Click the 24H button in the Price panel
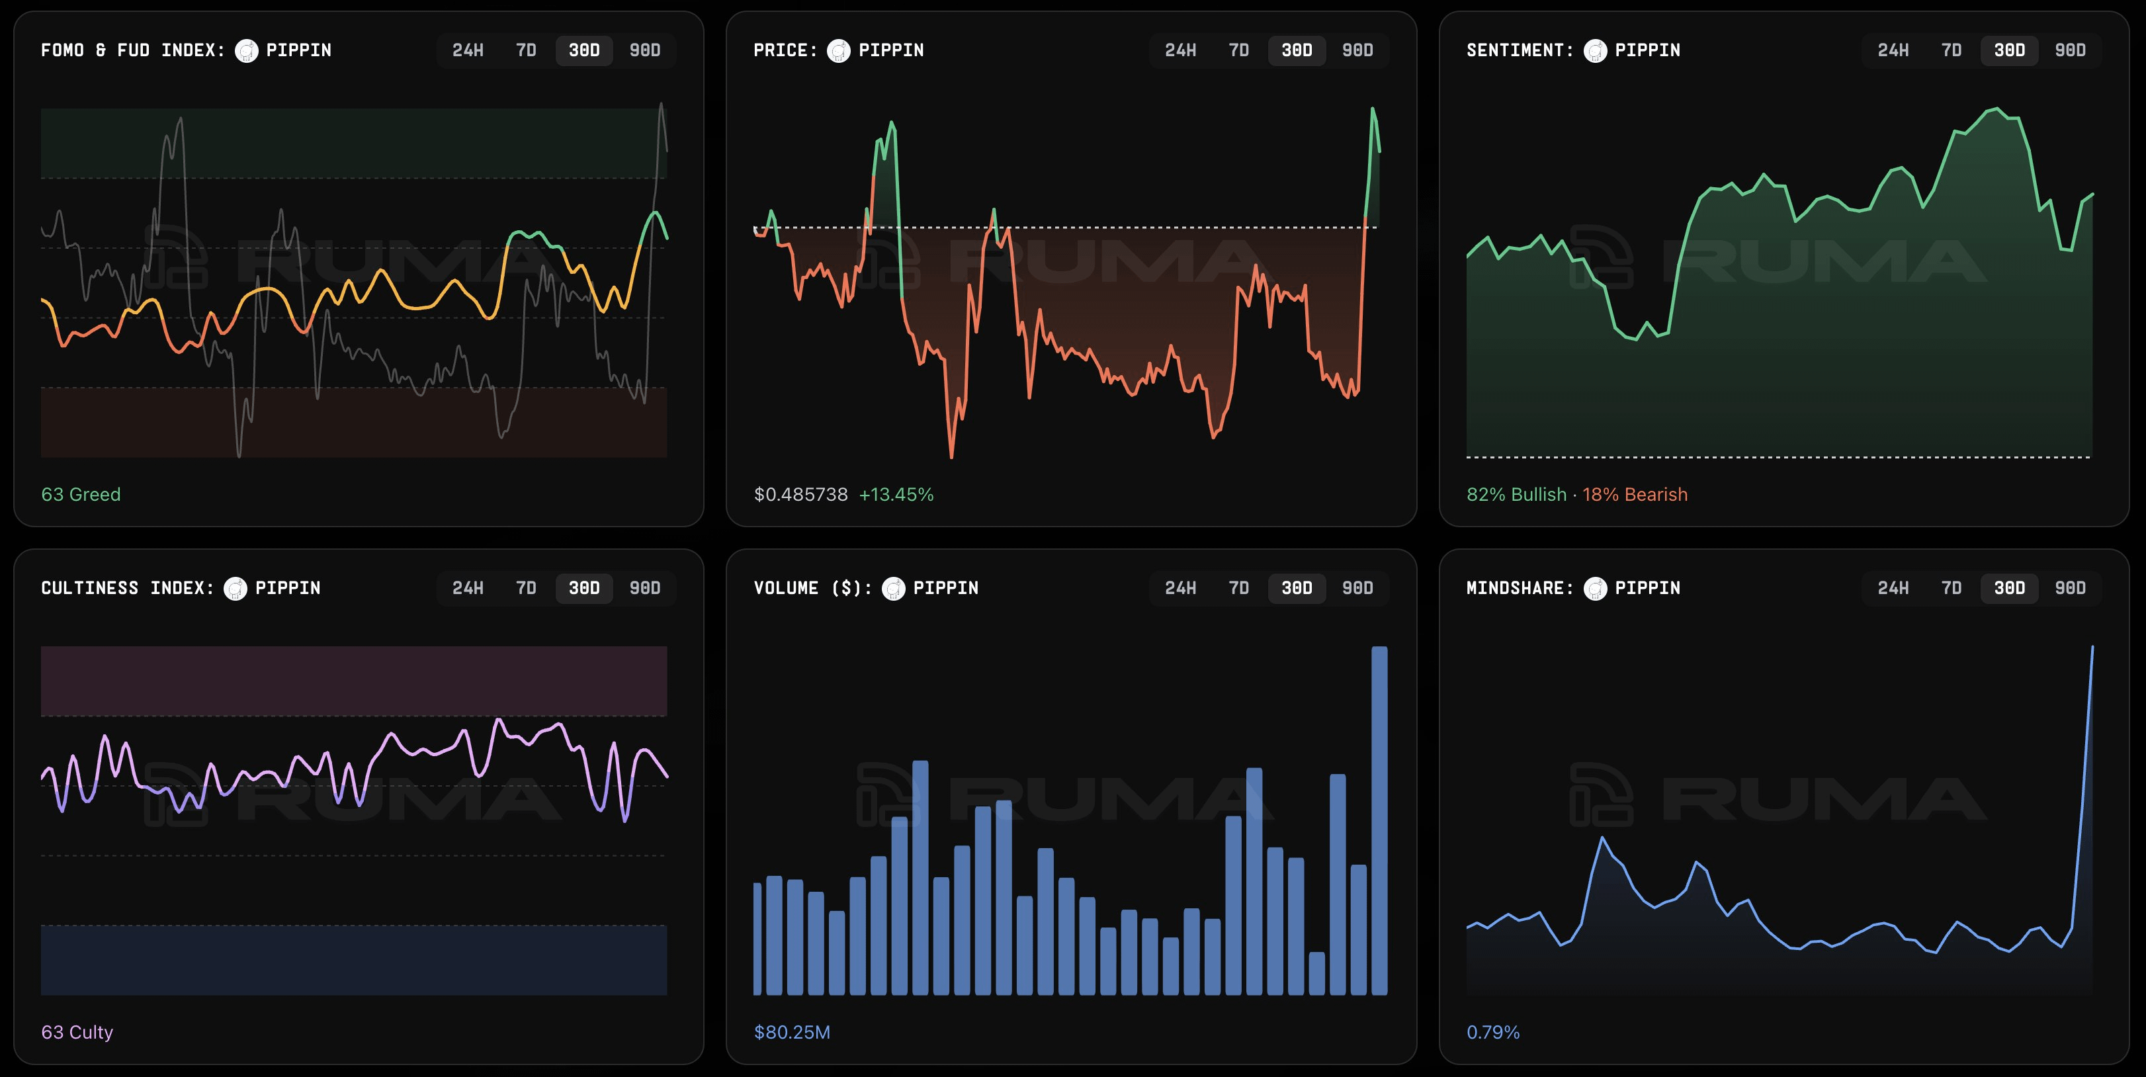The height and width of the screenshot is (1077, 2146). (1180, 50)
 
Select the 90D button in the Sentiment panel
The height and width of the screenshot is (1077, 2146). (2069, 50)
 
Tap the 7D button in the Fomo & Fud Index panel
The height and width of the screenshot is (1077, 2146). (526, 50)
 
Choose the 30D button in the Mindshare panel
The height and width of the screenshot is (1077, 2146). (2008, 588)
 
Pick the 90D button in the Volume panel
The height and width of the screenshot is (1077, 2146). (1357, 588)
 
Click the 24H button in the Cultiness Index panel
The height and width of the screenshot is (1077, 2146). (467, 588)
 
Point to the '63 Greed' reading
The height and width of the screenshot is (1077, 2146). (81, 494)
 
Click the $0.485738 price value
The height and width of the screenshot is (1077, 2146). (800, 494)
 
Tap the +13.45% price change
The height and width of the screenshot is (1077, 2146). (896, 494)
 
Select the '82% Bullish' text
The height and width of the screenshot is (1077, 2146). (1516, 494)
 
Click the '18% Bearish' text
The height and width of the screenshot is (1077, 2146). (1635, 494)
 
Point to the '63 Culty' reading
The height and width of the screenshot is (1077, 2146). (77, 1032)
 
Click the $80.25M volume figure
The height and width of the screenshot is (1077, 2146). (791, 1032)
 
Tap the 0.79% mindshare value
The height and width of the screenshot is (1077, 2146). (1493, 1032)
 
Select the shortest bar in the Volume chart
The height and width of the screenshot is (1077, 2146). (1316, 974)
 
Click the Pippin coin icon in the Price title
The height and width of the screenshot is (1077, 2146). (838, 51)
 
